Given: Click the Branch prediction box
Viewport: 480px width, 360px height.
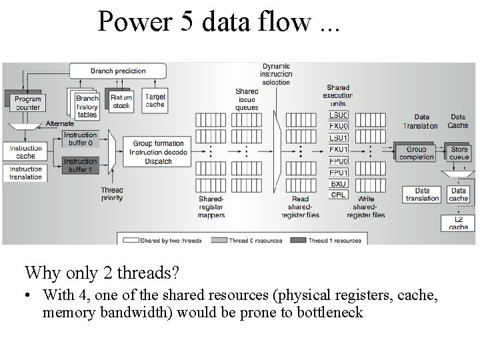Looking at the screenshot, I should (x=119, y=70).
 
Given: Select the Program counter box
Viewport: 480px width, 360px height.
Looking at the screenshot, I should (x=27, y=103).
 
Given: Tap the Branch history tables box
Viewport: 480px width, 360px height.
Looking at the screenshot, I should (x=87, y=106).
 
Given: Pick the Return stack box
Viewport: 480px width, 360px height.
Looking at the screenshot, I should (x=121, y=101).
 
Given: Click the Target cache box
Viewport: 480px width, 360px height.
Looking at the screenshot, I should (x=155, y=101).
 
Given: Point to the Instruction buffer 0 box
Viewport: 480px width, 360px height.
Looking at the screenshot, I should (x=81, y=138).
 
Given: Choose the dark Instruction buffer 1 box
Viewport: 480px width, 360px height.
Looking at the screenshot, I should (x=81, y=165).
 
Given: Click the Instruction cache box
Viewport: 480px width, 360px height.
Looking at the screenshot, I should (x=26, y=152).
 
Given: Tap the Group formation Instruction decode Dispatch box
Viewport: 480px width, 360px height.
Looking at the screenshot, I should (x=158, y=151).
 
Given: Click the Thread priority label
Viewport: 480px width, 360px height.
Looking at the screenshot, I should (x=112, y=194).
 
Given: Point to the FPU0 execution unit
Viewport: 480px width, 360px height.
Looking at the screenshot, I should (x=339, y=161).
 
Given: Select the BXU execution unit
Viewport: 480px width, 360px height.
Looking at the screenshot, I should (x=339, y=183).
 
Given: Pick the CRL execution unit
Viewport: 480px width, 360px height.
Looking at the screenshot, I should (x=339, y=195).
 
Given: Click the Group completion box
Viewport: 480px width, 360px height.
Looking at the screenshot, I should (x=416, y=153).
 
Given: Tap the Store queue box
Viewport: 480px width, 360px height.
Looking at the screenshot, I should (x=459, y=153).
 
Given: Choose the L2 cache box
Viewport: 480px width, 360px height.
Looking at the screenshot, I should (x=458, y=223).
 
